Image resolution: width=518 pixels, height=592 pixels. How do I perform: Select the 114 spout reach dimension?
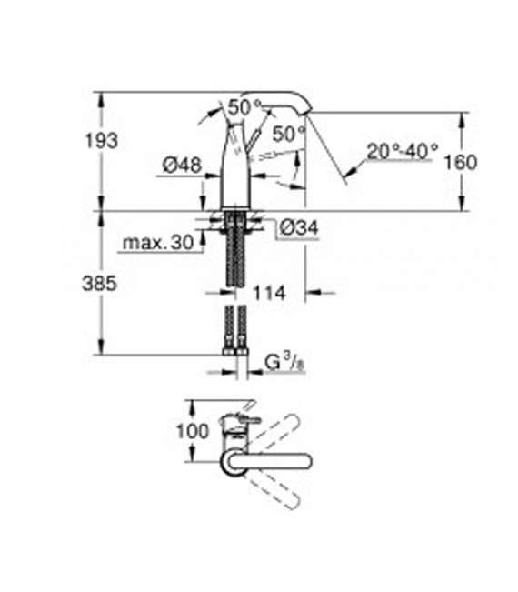coord(269,293)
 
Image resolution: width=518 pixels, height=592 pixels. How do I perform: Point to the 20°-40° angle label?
coord(403,150)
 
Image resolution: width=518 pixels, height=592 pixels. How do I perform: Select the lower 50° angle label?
coord(288,132)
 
